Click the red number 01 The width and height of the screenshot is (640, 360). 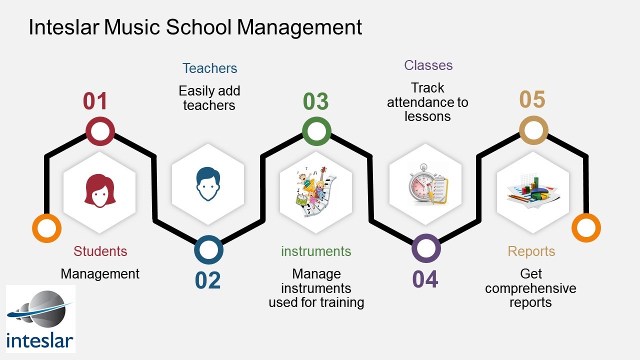(x=95, y=101)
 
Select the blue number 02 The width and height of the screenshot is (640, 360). (x=207, y=280)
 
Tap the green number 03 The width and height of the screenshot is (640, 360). (x=315, y=101)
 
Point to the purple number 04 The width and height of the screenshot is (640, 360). (x=425, y=279)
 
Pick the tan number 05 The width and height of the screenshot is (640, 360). (x=532, y=99)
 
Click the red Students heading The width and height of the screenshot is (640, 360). (x=100, y=251)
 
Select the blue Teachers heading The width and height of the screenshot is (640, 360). (x=209, y=68)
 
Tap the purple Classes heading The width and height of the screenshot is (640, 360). (x=428, y=65)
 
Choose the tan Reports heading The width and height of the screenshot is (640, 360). (x=531, y=251)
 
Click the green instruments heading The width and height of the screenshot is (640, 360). (x=316, y=251)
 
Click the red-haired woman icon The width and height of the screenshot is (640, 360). (x=100, y=191)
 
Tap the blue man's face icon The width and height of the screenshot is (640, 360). (x=208, y=184)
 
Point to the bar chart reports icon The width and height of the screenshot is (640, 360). (x=533, y=191)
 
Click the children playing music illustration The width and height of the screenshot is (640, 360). (x=316, y=191)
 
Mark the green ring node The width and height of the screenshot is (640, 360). (x=316, y=131)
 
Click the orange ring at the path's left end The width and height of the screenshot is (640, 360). (x=33, y=228)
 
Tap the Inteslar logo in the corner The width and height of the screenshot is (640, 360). (x=40, y=319)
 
